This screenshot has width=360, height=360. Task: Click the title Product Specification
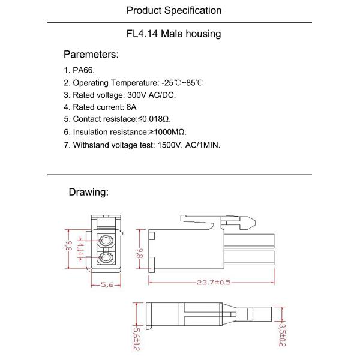point(174,10)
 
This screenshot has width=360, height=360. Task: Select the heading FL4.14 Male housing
point(174,34)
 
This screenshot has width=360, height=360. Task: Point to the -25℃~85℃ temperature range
point(181,82)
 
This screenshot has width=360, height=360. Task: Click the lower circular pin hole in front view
point(107,259)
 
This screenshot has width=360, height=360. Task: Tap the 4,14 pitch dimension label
point(80,250)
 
